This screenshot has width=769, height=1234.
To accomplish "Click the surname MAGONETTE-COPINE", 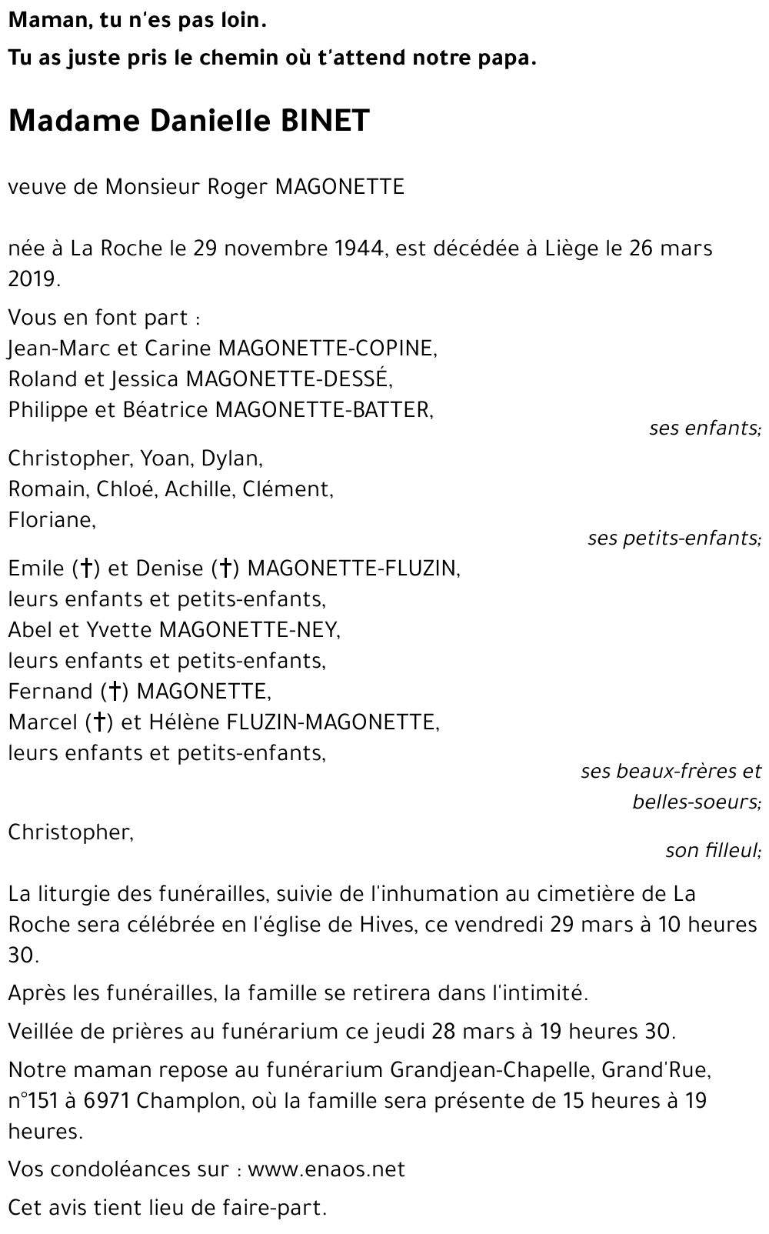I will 328,349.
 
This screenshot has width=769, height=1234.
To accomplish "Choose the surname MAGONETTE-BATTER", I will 324,410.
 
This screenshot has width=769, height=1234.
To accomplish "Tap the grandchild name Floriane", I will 52,520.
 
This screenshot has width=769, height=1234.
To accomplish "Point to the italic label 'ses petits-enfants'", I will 674,539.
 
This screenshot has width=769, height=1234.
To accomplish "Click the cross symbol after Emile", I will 87,569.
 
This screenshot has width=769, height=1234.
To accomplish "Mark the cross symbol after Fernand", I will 114,692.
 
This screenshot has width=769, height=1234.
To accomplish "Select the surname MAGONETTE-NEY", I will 249,630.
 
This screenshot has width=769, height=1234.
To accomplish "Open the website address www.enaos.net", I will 326,1170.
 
